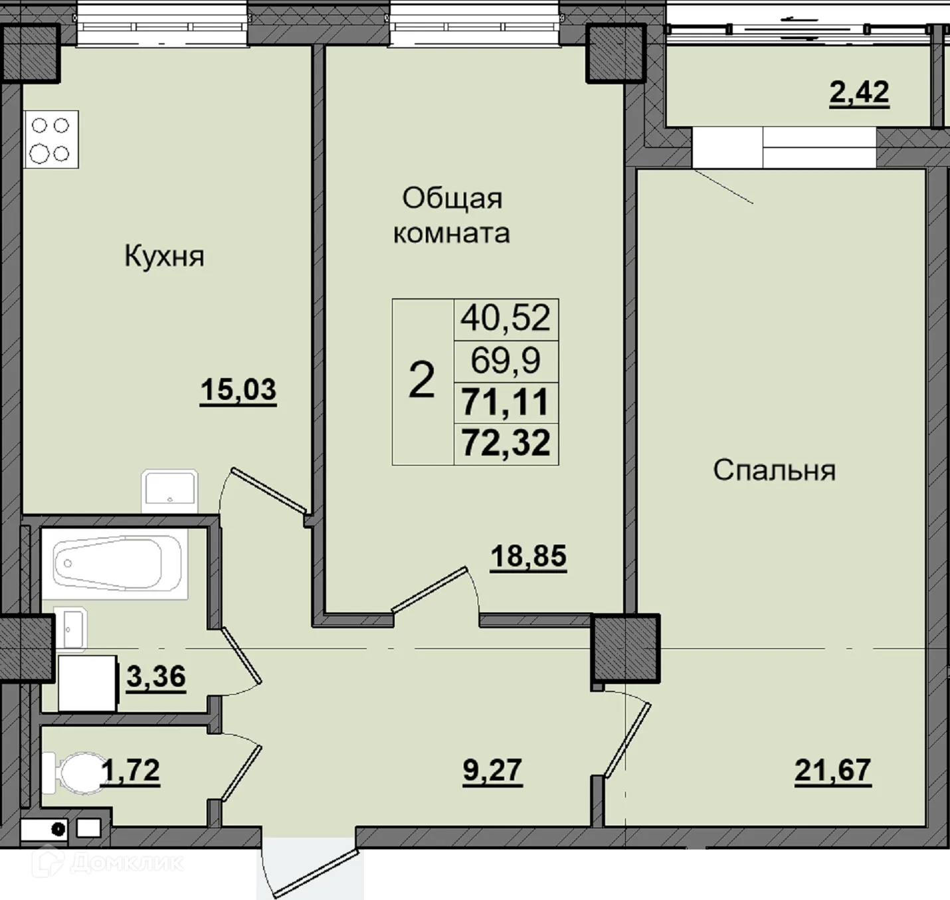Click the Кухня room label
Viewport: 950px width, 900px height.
(164, 256)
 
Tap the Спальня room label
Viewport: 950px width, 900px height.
(775, 470)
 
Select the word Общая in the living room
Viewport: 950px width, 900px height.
(452, 199)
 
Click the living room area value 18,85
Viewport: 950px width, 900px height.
(528, 556)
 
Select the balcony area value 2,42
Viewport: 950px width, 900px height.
(859, 92)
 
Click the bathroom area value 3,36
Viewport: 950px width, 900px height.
(156, 676)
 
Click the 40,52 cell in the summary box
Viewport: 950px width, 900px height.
(506, 318)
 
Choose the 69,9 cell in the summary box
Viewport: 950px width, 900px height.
(506, 361)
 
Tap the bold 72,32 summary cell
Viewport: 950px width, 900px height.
(506, 444)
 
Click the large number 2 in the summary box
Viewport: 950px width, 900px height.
(421, 381)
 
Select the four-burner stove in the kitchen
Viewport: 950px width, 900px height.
(50, 139)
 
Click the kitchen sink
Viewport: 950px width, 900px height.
(169, 490)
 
